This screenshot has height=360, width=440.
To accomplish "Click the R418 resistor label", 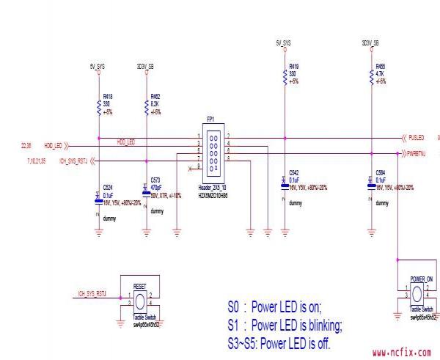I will click(108, 96).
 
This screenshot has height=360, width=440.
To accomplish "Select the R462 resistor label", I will click(155, 96).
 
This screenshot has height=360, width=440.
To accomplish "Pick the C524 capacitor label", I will click(108, 186).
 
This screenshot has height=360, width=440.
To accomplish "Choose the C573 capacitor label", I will click(155, 180).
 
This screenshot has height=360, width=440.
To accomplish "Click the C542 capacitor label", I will click(294, 173).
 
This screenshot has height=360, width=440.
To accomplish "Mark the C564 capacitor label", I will click(380, 173).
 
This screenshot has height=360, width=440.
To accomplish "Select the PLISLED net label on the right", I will click(416, 137).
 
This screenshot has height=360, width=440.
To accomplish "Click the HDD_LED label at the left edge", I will click(53, 146).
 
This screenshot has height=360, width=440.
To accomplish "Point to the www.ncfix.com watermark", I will click(402, 353).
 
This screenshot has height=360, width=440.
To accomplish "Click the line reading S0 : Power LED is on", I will click(274, 307).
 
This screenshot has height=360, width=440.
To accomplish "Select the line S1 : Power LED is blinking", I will click(285, 325).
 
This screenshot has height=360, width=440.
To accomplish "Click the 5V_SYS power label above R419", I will click(284, 43).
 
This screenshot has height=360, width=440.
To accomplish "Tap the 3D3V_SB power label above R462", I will click(145, 66).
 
